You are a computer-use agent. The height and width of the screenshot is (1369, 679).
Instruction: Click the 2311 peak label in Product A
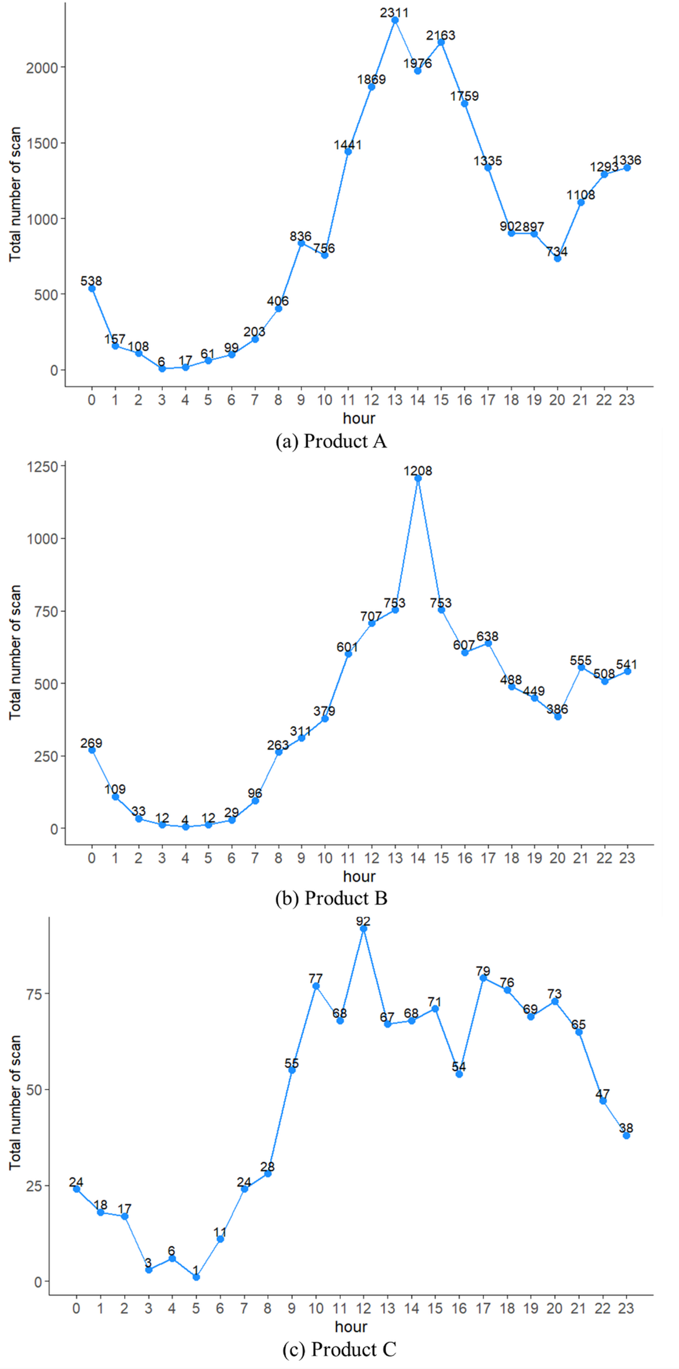(x=394, y=12)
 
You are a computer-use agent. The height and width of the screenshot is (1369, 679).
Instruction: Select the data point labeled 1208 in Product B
(x=418, y=479)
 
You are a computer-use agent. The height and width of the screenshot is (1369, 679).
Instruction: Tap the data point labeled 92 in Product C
(x=364, y=929)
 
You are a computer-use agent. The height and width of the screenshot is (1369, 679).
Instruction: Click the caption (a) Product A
(x=331, y=441)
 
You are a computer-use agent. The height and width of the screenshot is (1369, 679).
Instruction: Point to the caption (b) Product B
(x=331, y=899)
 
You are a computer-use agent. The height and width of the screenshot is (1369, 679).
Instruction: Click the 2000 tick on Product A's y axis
(x=42, y=68)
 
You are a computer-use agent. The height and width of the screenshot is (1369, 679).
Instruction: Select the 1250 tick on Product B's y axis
(x=42, y=466)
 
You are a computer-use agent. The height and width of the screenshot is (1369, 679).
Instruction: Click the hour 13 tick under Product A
(x=394, y=400)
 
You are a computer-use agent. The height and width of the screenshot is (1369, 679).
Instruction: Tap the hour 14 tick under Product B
(x=418, y=858)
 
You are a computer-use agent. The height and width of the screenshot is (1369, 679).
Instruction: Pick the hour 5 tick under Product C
(x=196, y=1308)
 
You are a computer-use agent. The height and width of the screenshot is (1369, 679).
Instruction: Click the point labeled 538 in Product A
(x=92, y=289)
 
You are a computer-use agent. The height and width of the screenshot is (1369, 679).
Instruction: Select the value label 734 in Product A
(x=557, y=251)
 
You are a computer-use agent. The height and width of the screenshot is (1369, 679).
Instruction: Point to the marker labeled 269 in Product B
(x=92, y=750)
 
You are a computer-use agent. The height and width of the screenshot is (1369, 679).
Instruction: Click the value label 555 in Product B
(x=580, y=660)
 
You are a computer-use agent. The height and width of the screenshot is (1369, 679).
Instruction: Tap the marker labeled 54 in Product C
(x=459, y=1074)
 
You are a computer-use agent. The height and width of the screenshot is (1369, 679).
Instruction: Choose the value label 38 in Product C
(x=626, y=1128)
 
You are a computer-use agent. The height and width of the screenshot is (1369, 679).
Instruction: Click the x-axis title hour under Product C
(x=351, y=1327)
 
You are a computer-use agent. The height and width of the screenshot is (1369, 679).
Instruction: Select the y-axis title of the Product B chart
(x=15, y=652)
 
